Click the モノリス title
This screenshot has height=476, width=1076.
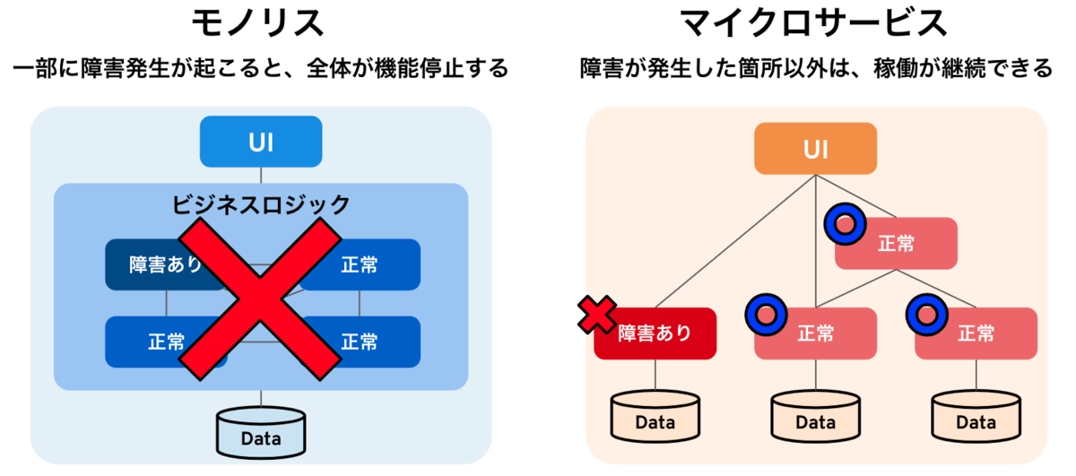258,23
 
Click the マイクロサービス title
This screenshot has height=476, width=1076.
813,23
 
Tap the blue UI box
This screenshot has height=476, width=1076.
261,142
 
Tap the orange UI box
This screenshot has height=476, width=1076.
816,149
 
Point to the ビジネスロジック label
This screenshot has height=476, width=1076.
261,204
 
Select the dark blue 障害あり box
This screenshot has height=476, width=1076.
159,264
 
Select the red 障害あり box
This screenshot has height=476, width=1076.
655,333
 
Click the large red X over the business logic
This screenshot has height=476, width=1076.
260,299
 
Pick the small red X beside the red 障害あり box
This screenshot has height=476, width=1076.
597,315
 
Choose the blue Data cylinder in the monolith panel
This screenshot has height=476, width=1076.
261,432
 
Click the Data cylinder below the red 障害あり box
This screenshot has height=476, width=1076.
655,416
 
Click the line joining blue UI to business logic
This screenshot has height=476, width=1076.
261,176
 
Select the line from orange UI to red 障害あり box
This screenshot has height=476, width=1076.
735,241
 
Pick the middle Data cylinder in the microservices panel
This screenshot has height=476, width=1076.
816,416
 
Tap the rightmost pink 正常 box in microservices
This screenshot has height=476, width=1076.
976,333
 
